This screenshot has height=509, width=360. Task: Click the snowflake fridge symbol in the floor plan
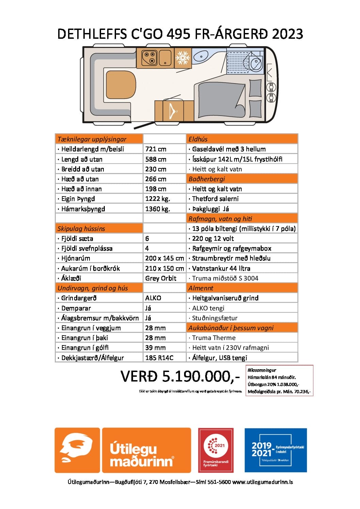click(x=183, y=58)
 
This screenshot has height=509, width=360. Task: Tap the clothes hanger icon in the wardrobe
click(x=173, y=111)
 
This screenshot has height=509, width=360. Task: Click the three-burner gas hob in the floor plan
click(x=149, y=57)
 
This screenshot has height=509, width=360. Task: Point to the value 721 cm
click(x=156, y=149)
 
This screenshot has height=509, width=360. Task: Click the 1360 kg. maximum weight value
click(x=158, y=209)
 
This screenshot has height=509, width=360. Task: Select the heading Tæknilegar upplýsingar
click(x=92, y=139)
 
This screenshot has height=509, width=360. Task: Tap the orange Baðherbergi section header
click(x=207, y=179)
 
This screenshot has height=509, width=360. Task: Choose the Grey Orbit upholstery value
click(x=161, y=278)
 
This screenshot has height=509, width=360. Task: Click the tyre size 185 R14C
click(x=159, y=358)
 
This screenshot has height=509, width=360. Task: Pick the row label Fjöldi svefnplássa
click(x=87, y=248)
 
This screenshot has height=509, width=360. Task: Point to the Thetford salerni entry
click(x=215, y=199)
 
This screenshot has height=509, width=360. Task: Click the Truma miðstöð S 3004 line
click(x=225, y=278)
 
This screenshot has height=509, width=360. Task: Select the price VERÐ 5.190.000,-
click(x=180, y=376)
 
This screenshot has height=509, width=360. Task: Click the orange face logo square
click(x=77, y=450)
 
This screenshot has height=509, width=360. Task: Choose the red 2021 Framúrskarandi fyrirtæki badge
click(x=216, y=450)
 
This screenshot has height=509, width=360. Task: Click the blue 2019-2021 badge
click(x=276, y=450)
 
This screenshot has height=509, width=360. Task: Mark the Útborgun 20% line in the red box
click(x=273, y=384)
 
